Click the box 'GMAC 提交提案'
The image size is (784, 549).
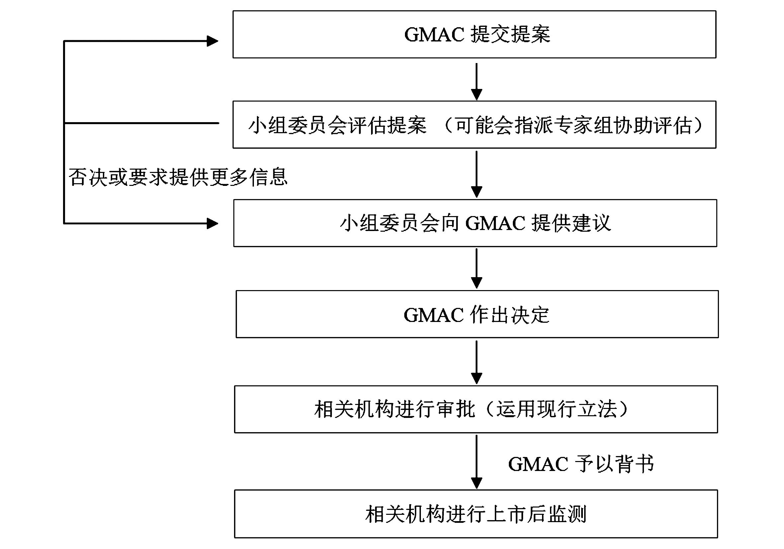click(474, 35)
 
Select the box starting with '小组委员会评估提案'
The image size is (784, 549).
click(474, 124)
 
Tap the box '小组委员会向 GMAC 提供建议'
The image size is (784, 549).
click(475, 223)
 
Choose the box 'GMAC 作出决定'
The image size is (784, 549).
click(477, 314)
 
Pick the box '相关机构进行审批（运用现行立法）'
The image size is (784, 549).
click(476, 409)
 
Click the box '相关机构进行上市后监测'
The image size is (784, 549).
click(476, 514)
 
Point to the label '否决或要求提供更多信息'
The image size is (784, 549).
click(178, 177)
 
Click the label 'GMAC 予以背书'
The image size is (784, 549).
click(581, 464)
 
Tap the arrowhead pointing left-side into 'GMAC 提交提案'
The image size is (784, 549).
click(213, 41)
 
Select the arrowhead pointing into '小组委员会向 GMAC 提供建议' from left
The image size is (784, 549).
click(213, 224)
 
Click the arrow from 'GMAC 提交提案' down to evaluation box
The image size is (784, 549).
click(476, 81)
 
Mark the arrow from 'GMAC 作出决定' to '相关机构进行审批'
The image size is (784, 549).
click(476, 361)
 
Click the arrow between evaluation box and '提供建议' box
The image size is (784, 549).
click(476, 174)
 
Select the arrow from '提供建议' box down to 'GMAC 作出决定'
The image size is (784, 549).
click(476, 268)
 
